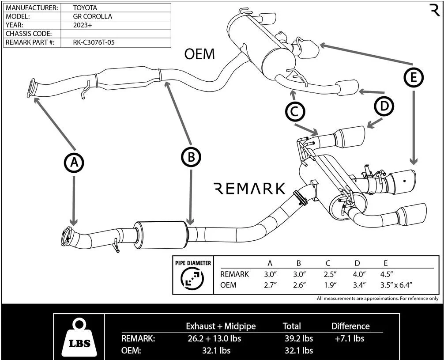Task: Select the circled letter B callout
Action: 191,156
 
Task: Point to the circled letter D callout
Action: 384,106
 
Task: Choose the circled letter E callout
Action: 414,77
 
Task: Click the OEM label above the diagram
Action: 199,54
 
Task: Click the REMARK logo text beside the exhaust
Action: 249,189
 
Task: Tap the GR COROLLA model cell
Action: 92,16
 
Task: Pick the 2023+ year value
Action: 82,25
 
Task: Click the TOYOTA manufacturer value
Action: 85,8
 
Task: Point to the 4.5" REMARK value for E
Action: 387,274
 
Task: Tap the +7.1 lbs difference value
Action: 350,338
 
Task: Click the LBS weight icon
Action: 80,338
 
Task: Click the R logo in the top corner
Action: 435,10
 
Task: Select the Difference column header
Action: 350,326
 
